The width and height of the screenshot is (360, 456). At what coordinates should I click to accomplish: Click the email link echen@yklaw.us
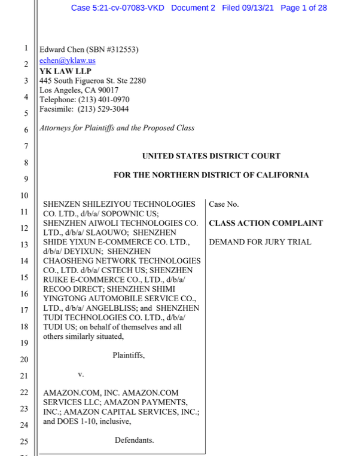click(x=67, y=60)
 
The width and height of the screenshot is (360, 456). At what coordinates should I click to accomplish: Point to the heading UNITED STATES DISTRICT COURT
click(x=211, y=156)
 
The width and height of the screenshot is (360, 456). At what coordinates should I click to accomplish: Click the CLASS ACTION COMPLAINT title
click(x=266, y=224)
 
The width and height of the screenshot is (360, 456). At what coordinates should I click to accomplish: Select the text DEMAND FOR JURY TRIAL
click(x=260, y=243)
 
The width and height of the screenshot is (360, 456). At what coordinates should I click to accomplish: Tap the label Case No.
click(x=224, y=204)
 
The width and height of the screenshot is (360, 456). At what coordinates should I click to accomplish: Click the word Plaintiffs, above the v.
click(x=129, y=356)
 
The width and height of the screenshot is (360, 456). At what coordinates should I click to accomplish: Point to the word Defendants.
click(x=134, y=440)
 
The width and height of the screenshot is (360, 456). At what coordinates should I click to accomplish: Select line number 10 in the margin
click(x=25, y=196)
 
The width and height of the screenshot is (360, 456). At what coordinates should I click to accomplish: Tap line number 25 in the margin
click(x=25, y=442)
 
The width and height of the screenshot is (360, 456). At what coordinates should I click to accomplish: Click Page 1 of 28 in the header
click(x=303, y=8)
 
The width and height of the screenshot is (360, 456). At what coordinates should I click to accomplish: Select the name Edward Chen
click(x=62, y=50)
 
